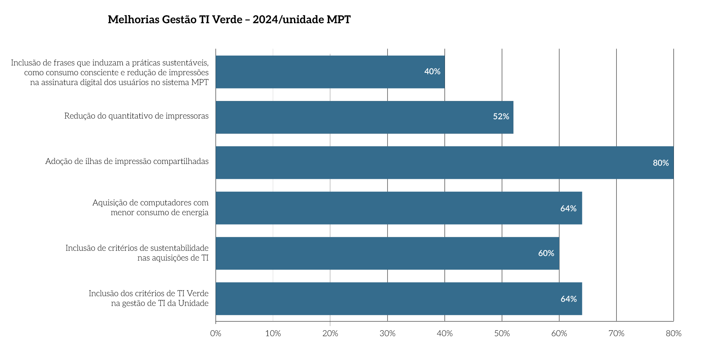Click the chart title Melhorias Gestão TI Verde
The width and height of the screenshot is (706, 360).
[x=229, y=20]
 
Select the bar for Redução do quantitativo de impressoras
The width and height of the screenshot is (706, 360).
[x=364, y=117]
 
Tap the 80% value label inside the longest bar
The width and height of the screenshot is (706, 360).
[x=661, y=163]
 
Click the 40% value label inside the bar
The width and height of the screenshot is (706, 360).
[x=432, y=72]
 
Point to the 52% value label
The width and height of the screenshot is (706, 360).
[x=501, y=117]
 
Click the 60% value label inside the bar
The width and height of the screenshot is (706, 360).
[x=546, y=254]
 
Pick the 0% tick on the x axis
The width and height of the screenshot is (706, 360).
[x=216, y=334]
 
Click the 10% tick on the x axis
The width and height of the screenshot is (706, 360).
[x=273, y=334]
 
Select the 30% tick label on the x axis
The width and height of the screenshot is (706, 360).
[x=387, y=334]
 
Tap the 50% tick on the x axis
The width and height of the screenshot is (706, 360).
[x=502, y=334]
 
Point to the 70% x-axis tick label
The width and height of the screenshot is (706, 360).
[x=616, y=334]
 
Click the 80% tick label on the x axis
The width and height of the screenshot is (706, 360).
[x=674, y=334]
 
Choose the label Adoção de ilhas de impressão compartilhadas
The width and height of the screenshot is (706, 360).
[x=127, y=162]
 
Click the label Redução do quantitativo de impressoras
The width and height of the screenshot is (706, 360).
[x=136, y=116]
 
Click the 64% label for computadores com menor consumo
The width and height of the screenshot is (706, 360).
[x=568, y=209]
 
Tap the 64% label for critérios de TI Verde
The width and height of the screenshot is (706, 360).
[x=569, y=299]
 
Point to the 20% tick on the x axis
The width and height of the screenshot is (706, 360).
[x=330, y=334]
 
